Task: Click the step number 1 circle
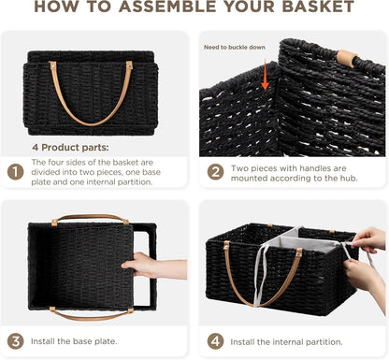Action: click(15, 172)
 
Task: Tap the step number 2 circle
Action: click(215, 172)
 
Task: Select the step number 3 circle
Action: click(15, 341)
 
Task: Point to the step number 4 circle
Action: click(215, 341)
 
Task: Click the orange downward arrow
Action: click(265, 75)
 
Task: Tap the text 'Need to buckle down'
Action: click(235, 48)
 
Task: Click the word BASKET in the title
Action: click(318, 7)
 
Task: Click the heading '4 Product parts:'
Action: click(70, 148)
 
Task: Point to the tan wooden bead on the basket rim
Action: click(348, 58)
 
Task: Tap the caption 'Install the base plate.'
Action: click(74, 341)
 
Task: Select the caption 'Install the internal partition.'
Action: click(286, 342)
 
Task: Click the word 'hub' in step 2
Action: click(349, 179)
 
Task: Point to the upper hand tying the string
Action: click(368, 238)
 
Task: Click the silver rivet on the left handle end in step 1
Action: click(53, 66)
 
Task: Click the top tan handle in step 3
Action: click(90, 218)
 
